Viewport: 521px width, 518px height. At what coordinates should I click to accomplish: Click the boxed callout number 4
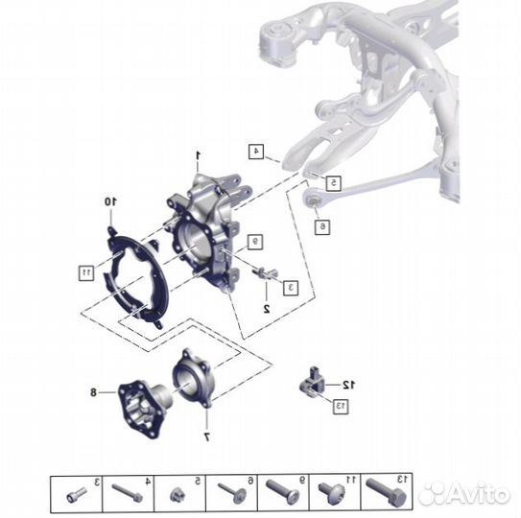(256, 152)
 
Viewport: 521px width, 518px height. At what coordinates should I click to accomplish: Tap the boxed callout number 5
(333, 183)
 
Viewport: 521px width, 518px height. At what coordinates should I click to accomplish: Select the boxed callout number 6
(322, 226)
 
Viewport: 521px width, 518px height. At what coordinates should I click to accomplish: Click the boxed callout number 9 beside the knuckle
(255, 242)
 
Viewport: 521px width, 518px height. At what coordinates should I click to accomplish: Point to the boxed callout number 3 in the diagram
(291, 288)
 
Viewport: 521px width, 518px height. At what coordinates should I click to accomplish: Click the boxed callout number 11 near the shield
(86, 272)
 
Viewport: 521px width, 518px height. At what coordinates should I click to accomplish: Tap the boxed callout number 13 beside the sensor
(341, 406)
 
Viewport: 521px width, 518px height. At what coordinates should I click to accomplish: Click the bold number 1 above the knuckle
(198, 155)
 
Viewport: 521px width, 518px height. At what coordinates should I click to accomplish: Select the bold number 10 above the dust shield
(110, 201)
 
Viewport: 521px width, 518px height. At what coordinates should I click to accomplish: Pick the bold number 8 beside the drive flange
(93, 392)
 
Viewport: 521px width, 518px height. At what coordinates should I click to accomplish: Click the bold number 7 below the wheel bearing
(206, 437)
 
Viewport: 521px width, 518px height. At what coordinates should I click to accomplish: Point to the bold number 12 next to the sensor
(348, 385)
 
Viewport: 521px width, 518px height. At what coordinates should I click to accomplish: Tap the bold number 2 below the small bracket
(267, 309)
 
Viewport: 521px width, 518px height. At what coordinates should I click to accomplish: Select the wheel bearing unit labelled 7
(192, 378)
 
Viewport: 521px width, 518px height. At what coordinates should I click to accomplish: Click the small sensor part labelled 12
(312, 382)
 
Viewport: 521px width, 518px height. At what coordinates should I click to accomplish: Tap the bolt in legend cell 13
(386, 493)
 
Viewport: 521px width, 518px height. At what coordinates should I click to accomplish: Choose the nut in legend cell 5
(178, 495)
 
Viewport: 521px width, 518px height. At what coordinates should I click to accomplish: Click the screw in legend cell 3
(76, 495)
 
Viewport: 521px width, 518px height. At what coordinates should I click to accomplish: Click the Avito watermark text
(464, 493)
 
